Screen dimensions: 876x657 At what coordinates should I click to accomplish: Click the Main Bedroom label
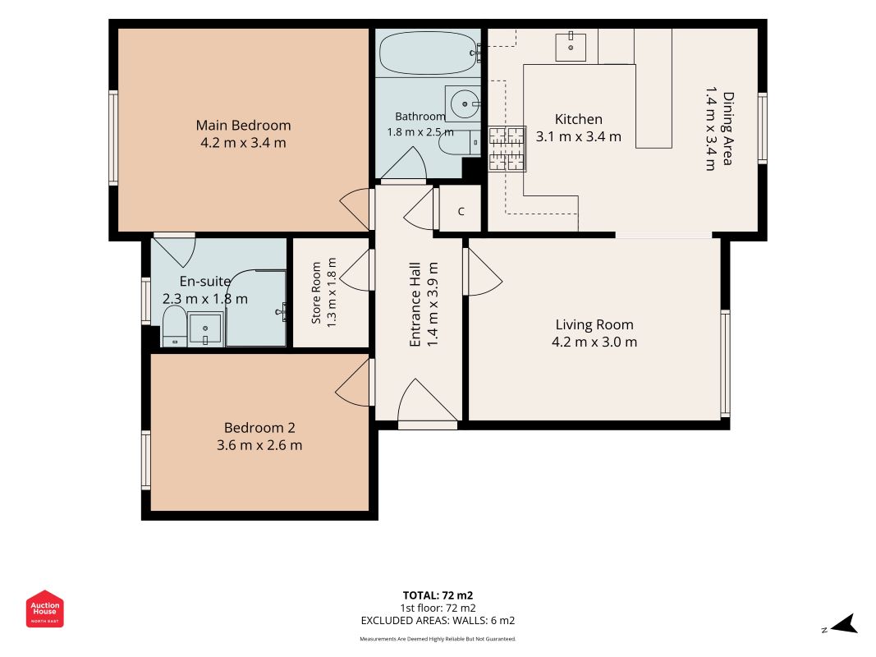tap(243, 125)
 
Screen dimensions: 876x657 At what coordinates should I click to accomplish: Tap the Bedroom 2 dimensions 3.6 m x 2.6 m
tap(259, 445)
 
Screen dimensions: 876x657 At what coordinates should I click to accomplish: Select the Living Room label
tap(594, 324)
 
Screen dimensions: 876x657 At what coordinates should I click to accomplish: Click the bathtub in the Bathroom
tap(429, 53)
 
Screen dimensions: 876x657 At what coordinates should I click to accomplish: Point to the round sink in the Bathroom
tap(463, 103)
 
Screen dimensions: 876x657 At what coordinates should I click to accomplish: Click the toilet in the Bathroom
tap(459, 143)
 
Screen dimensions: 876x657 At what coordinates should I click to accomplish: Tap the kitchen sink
tap(571, 47)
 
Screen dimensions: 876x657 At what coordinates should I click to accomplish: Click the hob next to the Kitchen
tap(507, 149)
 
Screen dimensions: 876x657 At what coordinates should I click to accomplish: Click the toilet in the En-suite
tap(174, 326)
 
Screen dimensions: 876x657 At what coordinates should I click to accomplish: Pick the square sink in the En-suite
tap(205, 328)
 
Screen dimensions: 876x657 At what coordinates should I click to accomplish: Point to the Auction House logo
tap(44, 609)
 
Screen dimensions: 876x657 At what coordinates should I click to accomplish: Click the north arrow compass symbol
tap(841, 625)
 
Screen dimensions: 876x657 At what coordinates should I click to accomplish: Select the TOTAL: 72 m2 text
tap(438, 595)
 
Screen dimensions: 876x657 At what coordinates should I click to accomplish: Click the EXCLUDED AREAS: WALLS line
tap(438, 620)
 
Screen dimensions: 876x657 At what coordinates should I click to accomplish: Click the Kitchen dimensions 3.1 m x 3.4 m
tap(578, 137)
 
